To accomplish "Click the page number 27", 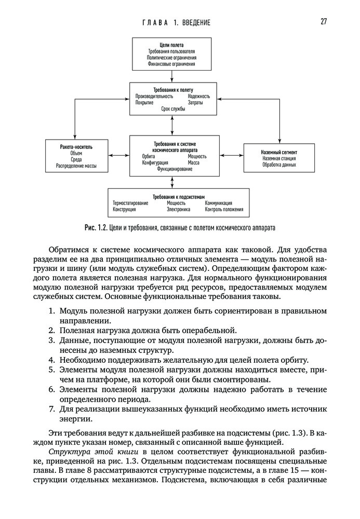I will tap(323, 21).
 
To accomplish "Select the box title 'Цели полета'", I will tap(171, 45).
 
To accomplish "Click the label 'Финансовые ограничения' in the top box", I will tap(171, 64).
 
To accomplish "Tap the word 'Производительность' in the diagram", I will tap(154, 96).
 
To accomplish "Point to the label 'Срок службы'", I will tap(172, 110).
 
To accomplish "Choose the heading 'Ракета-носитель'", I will tap(76, 147).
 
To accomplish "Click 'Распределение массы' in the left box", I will tap(76, 167).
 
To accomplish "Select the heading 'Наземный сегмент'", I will tap(279, 152).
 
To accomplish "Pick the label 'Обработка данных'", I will tap(279, 165).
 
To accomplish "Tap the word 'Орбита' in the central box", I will tap(149, 156).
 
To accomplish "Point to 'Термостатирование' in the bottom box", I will tap(130, 203).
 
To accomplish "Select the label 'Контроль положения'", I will tap(224, 210).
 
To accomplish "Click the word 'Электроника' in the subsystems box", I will tap(178, 210).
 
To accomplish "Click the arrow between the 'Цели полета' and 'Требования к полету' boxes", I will tap(171, 76).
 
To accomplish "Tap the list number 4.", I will tap(52, 359).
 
